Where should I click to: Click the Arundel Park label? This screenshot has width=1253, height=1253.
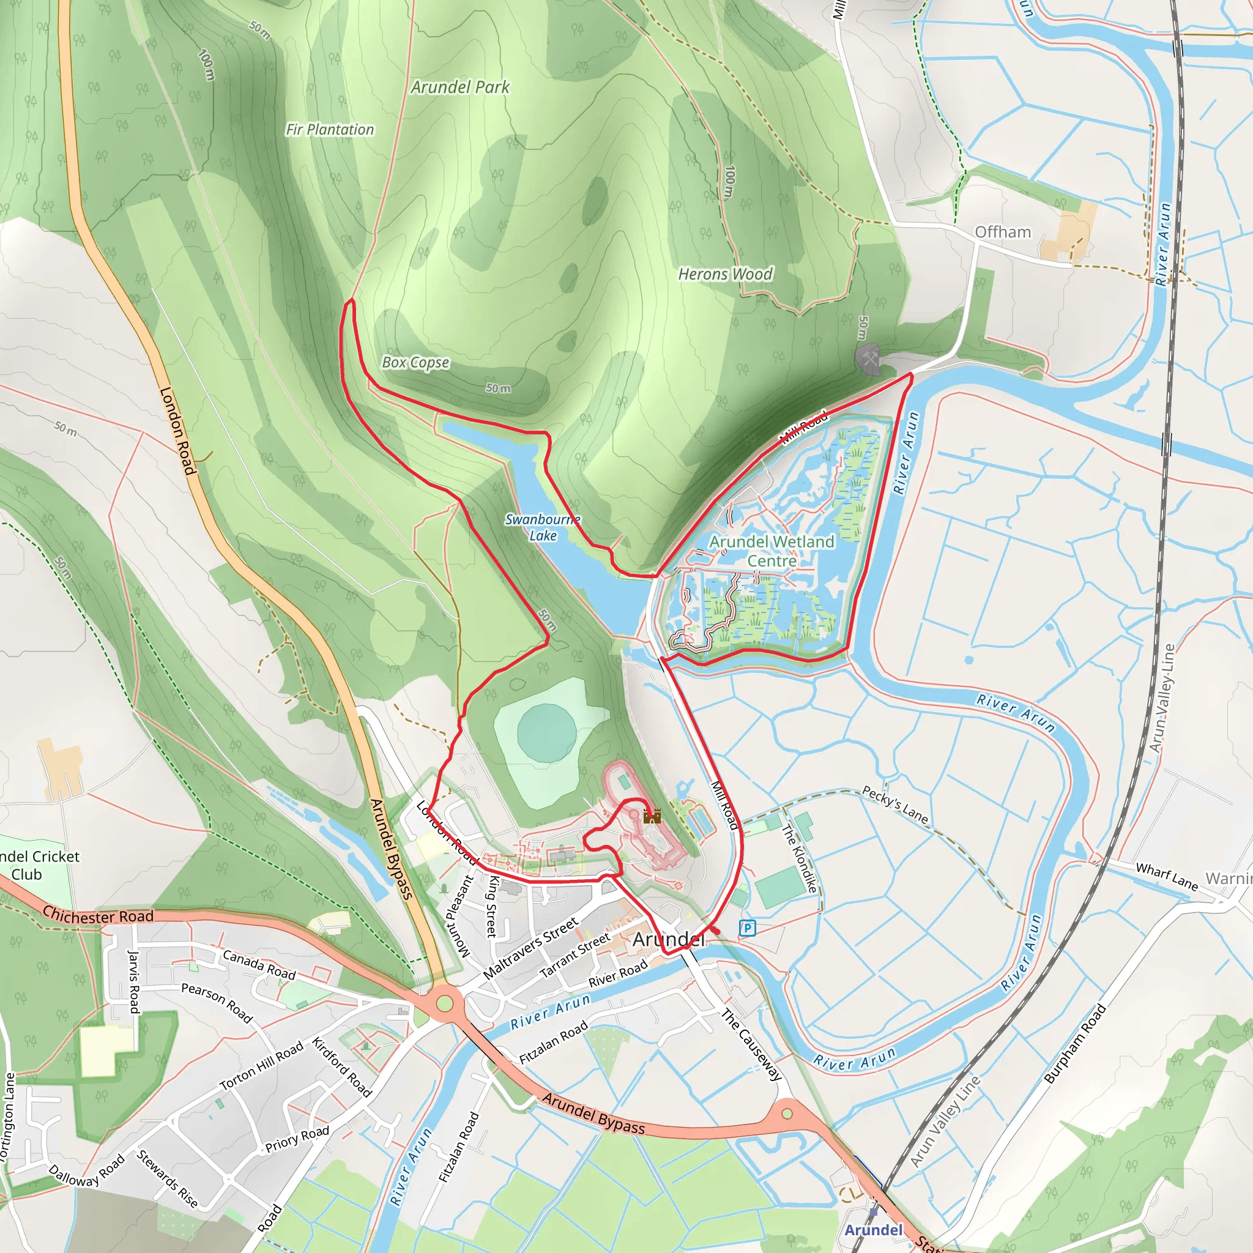(x=460, y=87)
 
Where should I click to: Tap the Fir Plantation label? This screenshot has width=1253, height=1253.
(x=330, y=130)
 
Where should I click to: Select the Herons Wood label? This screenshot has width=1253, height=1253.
(x=725, y=274)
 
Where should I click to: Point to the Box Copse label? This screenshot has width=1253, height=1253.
(x=415, y=363)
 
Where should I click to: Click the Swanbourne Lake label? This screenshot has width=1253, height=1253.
(x=543, y=527)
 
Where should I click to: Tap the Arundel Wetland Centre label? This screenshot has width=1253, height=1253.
(x=771, y=551)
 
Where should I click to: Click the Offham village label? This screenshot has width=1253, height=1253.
(x=1003, y=232)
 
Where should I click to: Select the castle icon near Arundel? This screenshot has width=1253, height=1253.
(x=652, y=816)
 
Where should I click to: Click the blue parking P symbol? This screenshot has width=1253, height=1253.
(x=747, y=929)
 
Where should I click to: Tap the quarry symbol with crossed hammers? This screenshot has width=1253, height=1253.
(x=868, y=357)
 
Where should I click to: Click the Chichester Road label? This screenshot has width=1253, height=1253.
(x=98, y=916)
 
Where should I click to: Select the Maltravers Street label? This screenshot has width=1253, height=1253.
(x=530, y=948)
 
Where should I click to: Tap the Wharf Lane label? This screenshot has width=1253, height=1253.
(x=1167, y=876)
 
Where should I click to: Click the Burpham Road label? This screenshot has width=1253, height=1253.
(x=1074, y=1044)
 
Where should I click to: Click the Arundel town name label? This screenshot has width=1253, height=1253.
(x=668, y=939)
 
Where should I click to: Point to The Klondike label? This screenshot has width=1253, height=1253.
(x=799, y=858)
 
